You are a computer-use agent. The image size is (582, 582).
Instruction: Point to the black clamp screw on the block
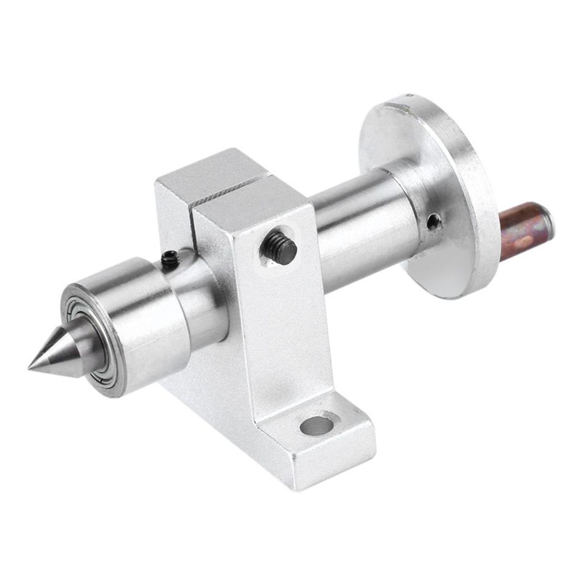[x=280, y=248]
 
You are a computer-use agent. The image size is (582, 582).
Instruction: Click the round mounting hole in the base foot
[x=316, y=425]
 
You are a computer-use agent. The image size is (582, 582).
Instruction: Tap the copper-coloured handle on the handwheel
[x=523, y=230]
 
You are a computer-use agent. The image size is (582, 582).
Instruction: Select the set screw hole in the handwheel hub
[x=434, y=221]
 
